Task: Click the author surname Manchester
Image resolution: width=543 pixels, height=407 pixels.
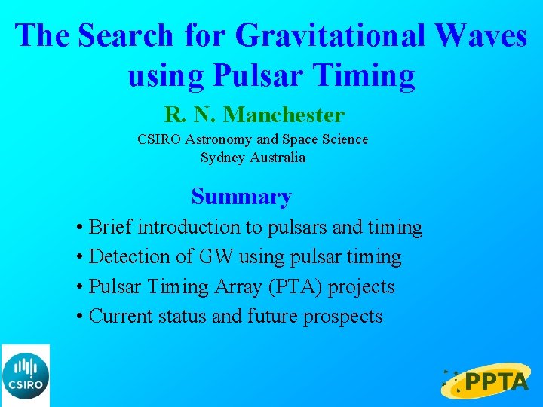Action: (x=284, y=115)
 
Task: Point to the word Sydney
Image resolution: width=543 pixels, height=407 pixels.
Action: (x=221, y=158)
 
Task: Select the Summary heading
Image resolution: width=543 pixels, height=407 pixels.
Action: (x=241, y=197)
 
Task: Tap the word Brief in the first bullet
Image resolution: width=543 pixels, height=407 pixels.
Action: (x=111, y=227)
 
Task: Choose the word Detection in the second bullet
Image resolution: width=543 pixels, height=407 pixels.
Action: (x=123, y=257)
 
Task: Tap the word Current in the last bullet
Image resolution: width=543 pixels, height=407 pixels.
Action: (x=121, y=317)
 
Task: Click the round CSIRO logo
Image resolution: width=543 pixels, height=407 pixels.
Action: (x=25, y=375)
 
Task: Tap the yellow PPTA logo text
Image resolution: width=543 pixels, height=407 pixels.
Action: (x=496, y=382)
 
